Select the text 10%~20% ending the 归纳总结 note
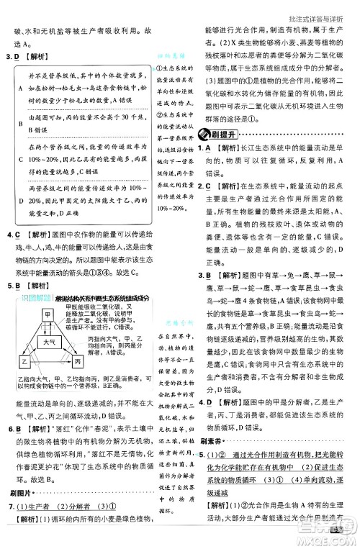pos(171,208)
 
